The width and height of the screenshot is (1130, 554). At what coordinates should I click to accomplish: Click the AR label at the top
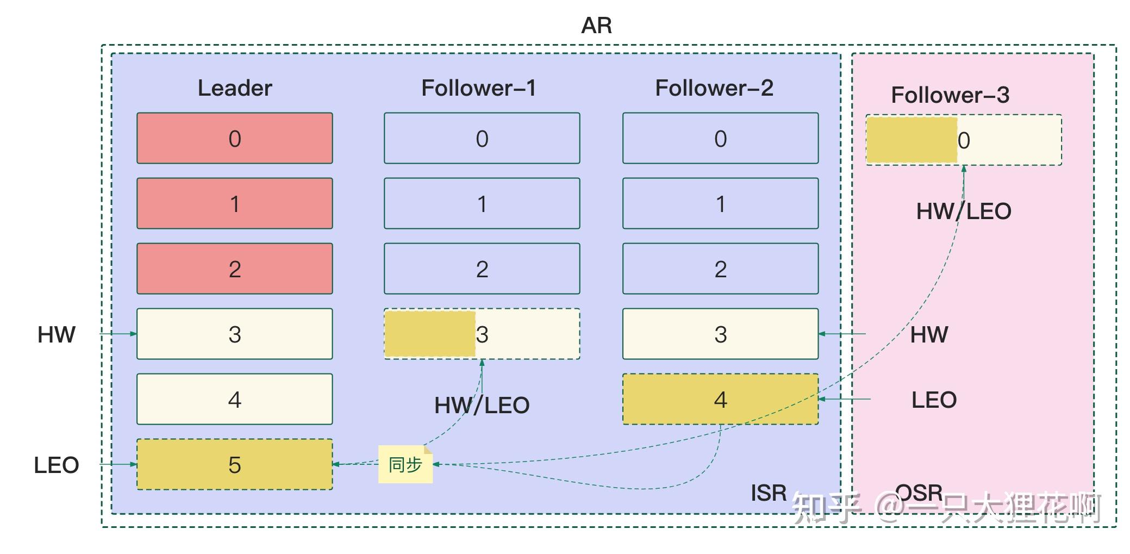pyautogui.click(x=596, y=25)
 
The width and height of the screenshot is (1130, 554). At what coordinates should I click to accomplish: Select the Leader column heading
pyautogui.click(x=235, y=88)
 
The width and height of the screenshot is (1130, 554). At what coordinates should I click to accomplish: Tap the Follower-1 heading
pyautogui.click(x=479, y=88)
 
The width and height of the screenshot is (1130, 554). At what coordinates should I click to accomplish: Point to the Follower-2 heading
pyautogui.click(x=714, y=88)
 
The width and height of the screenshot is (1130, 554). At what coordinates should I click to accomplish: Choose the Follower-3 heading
pyautogui.click(x=950, y=95)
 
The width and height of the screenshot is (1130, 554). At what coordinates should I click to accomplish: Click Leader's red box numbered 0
pyautogui.click(x=235, y=138)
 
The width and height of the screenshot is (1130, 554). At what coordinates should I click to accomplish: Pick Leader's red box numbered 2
pyautogui.click(x=235, y=269)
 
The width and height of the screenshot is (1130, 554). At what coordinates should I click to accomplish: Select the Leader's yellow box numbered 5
pyautogui.click(x=235, y=464)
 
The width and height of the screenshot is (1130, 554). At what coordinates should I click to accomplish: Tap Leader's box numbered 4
pyautogui.click(x=235, y=399)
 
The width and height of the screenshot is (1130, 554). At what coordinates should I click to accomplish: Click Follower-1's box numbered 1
pyautogui.click(x=482, y=203)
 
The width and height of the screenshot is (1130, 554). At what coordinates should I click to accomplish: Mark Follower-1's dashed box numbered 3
pyautogui.click(x=482, y=334)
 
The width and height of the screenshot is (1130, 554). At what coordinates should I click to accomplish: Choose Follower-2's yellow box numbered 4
pyautogui.click(x=721, y=399)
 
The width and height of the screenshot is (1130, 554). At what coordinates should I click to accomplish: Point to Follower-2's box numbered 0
pyautogui.click(x=721, y=138)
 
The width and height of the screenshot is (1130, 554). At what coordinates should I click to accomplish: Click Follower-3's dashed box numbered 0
pyautogui.click(x=964, y=140)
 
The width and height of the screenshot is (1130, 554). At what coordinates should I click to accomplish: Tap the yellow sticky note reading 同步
pyautogui.click(x=405, y=464)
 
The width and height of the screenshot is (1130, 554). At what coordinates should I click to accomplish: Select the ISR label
pyautogui.click(x=769, y=493)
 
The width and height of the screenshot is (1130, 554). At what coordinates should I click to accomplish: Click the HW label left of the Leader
pyautogui.click(x=57, y=334)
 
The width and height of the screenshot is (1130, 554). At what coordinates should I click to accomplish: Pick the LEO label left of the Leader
pyautogui.click(x=57, y=465)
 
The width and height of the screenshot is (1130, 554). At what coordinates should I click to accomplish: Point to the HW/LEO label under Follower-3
pyautogui.click(x=964, y=211)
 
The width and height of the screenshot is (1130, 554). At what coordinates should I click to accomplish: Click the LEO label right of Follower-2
pyautogui.click(x=934, y=400)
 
